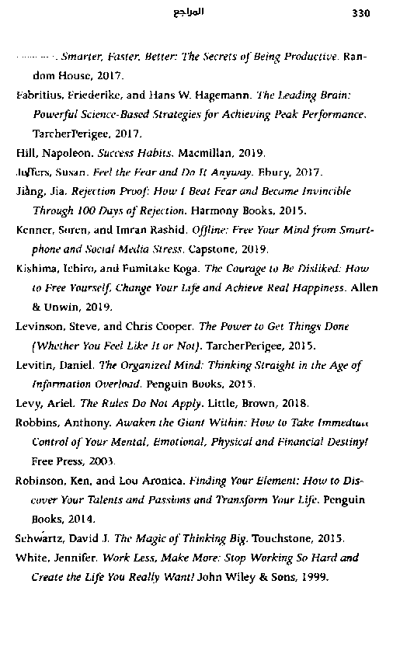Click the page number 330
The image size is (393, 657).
click(x=362, y=12)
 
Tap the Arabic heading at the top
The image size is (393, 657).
click(x=190, y=12)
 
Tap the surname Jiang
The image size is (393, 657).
click(x=29, y=191)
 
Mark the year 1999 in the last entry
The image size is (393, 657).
click(x=314, y=577)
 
